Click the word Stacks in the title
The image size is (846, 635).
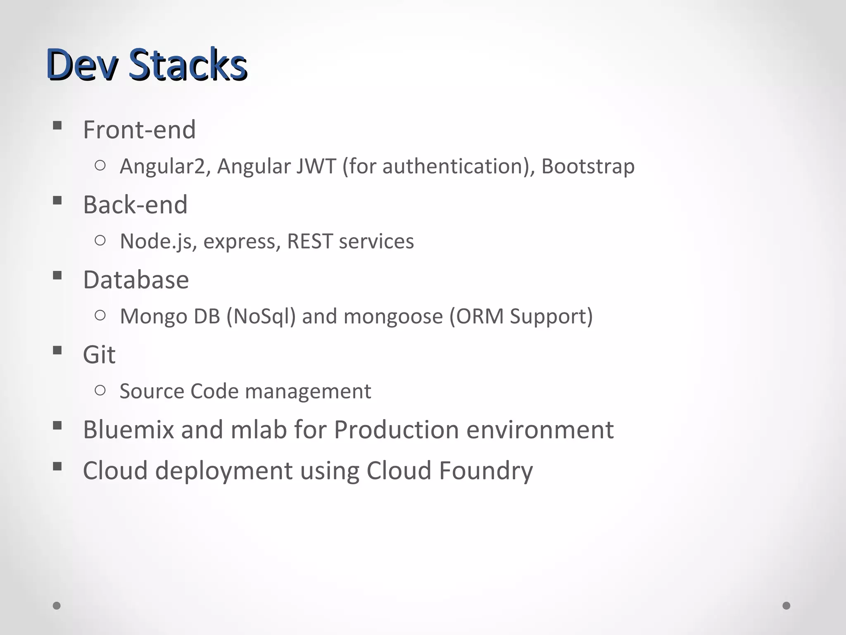188,64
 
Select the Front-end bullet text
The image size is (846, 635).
139,130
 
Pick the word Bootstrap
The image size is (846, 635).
588,167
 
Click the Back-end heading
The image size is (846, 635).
135,205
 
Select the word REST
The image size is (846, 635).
310,241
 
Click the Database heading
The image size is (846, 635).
136,280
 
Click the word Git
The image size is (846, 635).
99,355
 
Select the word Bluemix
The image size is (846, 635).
128,430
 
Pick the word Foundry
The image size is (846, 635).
485,471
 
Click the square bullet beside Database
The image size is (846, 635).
57,275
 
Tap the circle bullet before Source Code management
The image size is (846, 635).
100,390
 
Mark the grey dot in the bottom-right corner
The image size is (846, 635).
787,606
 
